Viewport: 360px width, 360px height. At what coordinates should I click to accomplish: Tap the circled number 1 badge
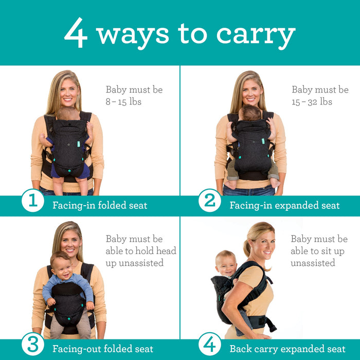coord(32,201)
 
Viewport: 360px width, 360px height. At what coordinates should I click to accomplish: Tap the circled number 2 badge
coord(210,201)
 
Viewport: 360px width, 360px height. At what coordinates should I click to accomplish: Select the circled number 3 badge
coord(32,344)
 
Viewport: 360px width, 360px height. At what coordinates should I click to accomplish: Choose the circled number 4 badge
coord(210,344)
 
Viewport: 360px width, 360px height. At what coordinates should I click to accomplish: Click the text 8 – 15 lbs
coord(123,102)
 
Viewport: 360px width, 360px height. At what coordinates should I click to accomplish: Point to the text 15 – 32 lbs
coord(312,102)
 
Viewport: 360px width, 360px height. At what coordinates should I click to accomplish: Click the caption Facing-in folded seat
coord(100,205)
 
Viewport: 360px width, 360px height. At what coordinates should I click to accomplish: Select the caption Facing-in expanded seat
coord(284,205)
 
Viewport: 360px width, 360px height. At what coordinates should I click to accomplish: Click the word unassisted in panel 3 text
coord(135,263)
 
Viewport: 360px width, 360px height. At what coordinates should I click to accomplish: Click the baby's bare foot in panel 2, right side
coord(275,183)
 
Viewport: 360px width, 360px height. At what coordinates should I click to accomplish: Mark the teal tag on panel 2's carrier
coord(263,140)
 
